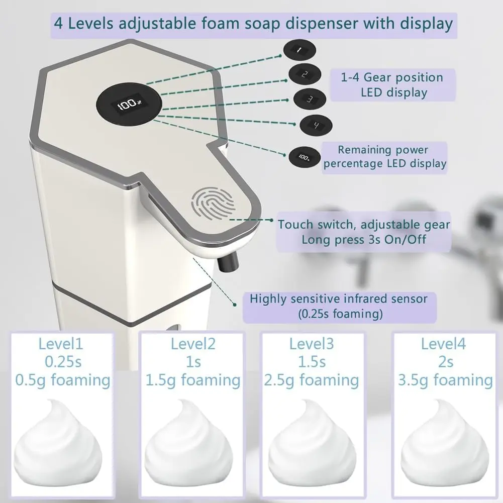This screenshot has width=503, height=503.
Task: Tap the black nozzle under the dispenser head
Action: pos(228,261)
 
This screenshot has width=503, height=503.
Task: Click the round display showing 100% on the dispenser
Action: pos(129,103)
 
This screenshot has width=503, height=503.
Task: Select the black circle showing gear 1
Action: pos(299,50)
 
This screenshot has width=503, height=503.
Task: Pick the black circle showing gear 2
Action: pos(305,74)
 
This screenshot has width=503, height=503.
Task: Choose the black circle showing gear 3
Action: pos(310,99)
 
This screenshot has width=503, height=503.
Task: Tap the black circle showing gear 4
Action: pos(316,125)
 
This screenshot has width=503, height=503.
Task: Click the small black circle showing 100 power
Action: pos(305,157)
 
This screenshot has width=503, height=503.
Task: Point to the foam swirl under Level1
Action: pos(58,443)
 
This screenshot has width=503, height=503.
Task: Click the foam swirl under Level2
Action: pos(188,443)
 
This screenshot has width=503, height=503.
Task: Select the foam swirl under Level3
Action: pos(312,443)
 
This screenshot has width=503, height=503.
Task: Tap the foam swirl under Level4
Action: pos(445,443)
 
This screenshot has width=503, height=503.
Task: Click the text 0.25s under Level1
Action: pos(63,362)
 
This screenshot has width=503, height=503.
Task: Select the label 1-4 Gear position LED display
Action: pos(392,85)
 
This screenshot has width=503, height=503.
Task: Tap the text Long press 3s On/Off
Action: pos(364,239)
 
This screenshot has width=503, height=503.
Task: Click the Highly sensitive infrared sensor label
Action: pos(339,307)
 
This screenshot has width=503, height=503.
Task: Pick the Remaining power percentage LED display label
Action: pos(384,157)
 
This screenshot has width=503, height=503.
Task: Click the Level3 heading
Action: pos(312,344)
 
